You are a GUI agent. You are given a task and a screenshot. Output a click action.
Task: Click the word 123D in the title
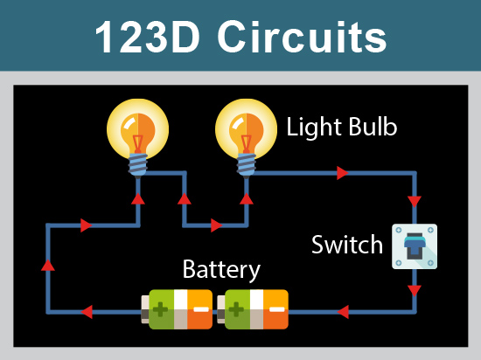[x=148, y=37]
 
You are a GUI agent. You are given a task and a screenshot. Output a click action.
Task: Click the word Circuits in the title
[x=302, y=37]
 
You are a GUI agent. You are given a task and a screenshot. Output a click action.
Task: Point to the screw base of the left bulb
[x=136, y=163]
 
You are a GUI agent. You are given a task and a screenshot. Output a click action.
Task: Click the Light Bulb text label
[x=342, y=128]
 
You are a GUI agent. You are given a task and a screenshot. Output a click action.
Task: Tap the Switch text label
[x=347, y=244]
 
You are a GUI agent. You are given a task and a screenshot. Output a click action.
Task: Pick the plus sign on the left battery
[x=160, y=310]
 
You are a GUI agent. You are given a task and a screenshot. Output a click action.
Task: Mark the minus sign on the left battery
[x=201, y=310]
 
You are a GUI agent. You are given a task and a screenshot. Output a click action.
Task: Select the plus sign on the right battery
[x=237, y=310]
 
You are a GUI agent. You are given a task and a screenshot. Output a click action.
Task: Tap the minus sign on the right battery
[x=276, y=310]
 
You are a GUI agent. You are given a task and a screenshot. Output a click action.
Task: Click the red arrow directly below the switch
[x=415, y=289]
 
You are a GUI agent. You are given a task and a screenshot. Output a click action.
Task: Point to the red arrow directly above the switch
[x=415, y=200]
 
